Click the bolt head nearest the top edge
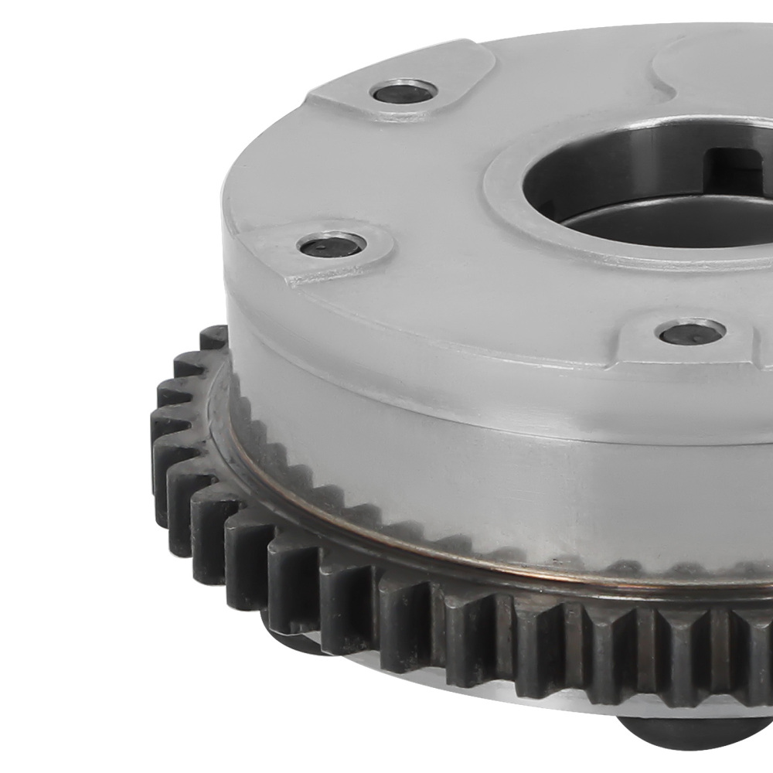[404, 93]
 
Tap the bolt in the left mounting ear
[332, 246]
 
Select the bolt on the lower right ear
[690, 332]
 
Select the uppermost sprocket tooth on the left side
[214, 338]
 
